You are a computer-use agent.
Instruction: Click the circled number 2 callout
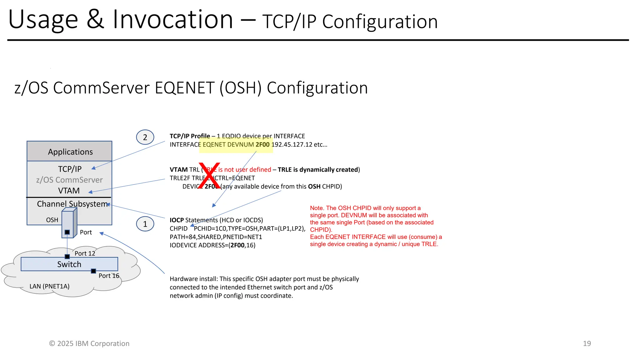pyautogui.click(x=145, y=137)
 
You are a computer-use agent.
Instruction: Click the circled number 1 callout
pyautogui.click(x=145, y=224)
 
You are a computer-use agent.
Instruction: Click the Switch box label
pyautogui.click(x=69, y=264)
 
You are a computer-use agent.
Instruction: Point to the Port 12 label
pyautogui.click(x=85, y=253)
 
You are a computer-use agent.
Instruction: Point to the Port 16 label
pyautogui.click(x=109, y=276)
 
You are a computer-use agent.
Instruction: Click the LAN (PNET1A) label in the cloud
pyautogui.click(x=49, y=286)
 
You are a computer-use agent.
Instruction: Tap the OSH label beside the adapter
pyautogui.click(x=52, y=220)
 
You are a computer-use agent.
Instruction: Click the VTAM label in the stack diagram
pyautogui.click(x=69, y=191)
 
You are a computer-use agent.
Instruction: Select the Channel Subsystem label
pyautogui.click(x=72, y=204)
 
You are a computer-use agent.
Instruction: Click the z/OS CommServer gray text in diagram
pyautogui.click(x=69, y=180)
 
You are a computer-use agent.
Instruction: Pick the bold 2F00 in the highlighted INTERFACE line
pyautogui.click(x=262, y=145)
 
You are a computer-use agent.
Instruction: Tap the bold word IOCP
pyautogui.click(x=177, y=220)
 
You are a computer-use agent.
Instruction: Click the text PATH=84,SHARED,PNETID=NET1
pyautogui.click(x=216, y=237)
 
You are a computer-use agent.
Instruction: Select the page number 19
pyautogui.click(x=587, y=343)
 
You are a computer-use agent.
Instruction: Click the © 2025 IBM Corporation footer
pyautogui.click(x=89, y=343)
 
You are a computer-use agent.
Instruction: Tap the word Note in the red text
pyautogui.click(x=316, y=208)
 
